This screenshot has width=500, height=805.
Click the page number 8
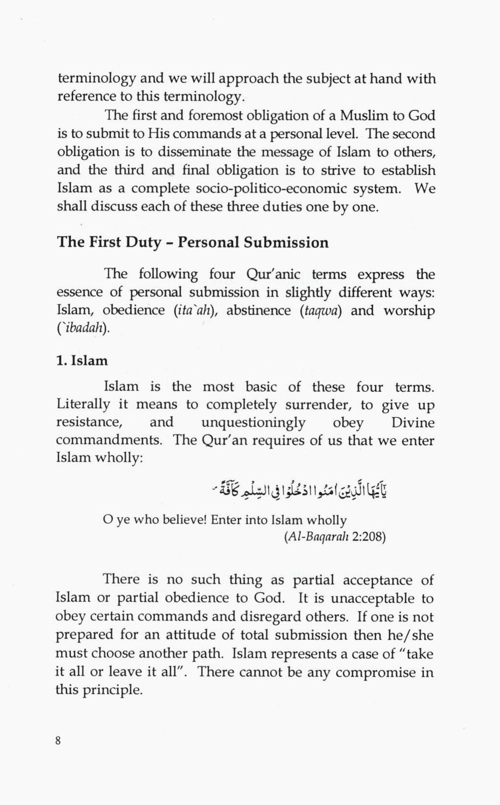pyautogui.click(x=58, y=741)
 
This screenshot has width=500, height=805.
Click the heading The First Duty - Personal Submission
pyautogui.click(x=193, y=242)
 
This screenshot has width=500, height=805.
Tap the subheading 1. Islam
pyautogui.click(x=82, y=361)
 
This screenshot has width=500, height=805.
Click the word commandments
pyautogui.click(x=108, y=440)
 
